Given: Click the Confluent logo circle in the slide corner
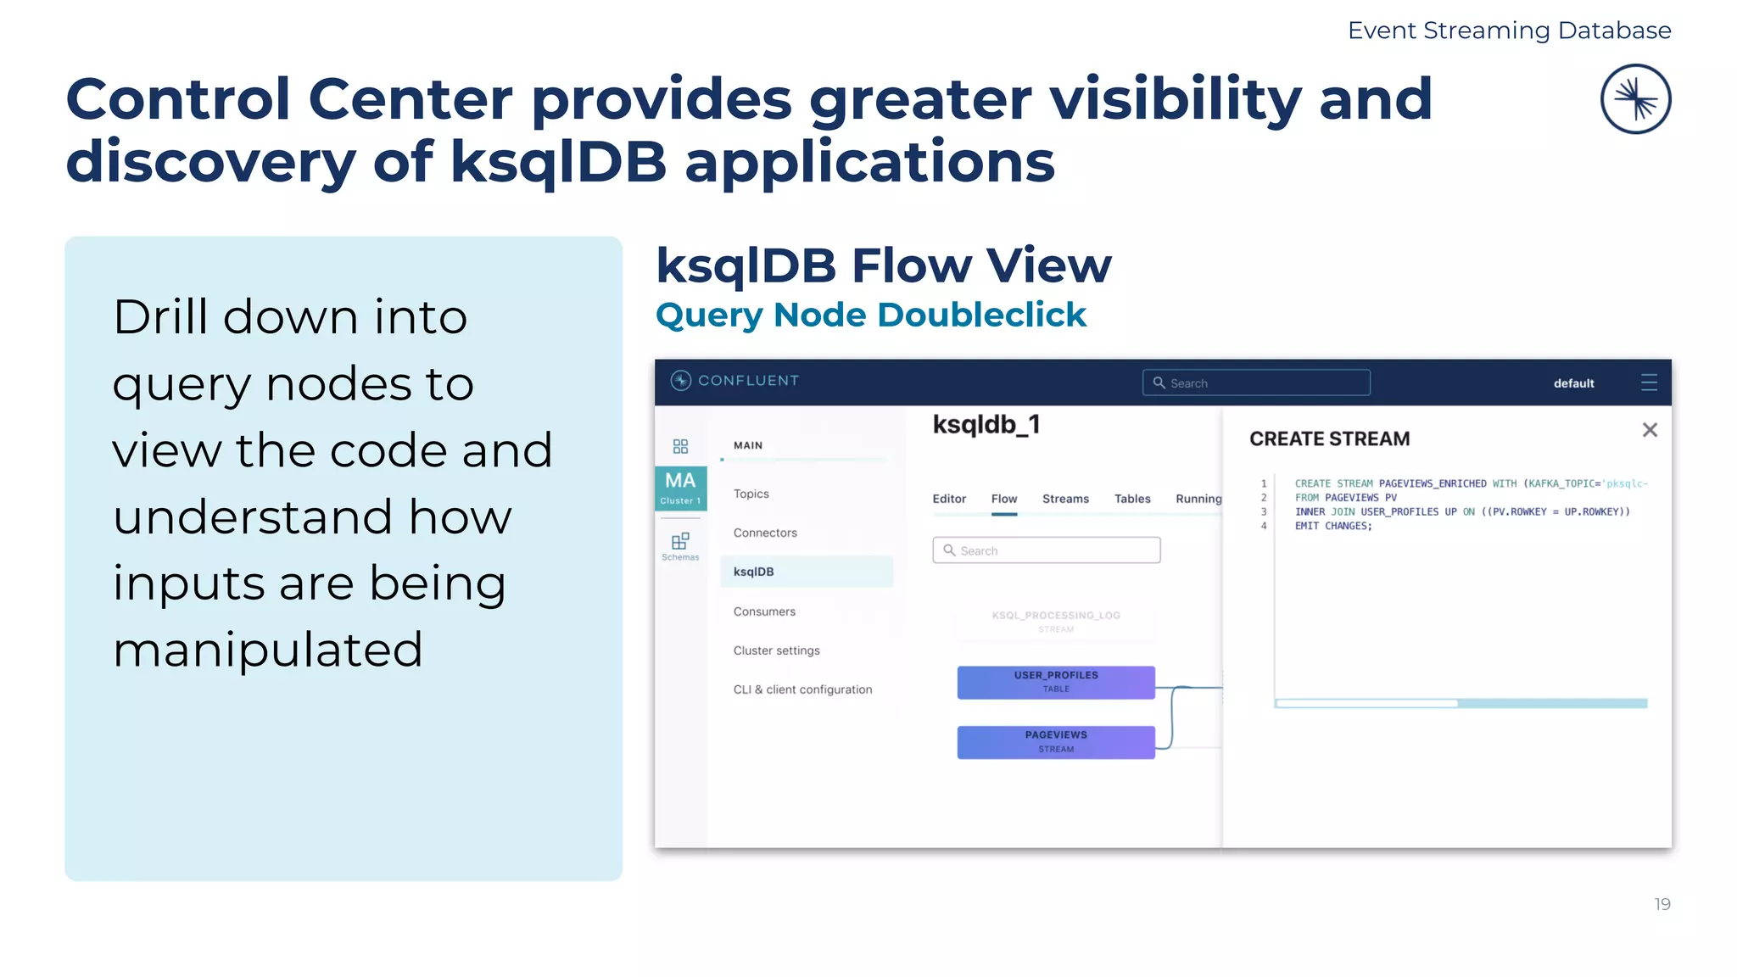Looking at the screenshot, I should (x=1635, y=99).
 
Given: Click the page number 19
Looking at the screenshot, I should (x=1662, y=904).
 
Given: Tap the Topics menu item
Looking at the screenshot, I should (x=751, y=494).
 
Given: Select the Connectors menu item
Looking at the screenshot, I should (x=765, y=533).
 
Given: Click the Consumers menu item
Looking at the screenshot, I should (x=764, y=611).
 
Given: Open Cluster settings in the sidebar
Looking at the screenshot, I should (x=776, y=650).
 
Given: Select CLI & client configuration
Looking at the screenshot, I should (x=802, y=689).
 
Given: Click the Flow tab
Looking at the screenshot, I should (x=1004, y=499).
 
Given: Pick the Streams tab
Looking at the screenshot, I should (x=1065, y=499).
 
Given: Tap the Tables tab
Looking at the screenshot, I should (x=1132, y=499).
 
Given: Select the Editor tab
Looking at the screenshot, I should (x=949, y=499).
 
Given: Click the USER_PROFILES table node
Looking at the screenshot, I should (x=1056, y=682).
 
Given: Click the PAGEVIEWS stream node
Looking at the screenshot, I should (x=1056, y=742).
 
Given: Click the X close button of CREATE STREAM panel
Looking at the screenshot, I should (x=1649, y=430).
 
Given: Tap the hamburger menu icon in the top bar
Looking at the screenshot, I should (x=1649, y=382).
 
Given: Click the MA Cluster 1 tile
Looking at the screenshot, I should (x=680, y=488).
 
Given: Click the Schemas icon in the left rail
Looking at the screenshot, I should (x=680, y=545).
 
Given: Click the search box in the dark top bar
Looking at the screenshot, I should (x=1255, y=382).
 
